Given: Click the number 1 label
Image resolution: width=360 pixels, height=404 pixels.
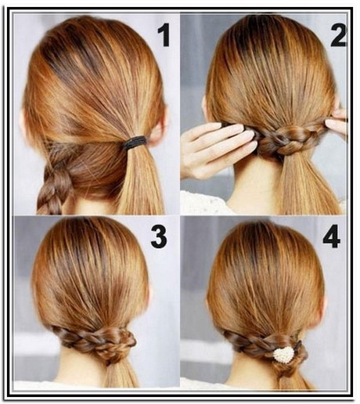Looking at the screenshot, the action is [x=164, y=36].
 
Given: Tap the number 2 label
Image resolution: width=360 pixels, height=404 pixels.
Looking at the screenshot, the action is [x=338, y=36].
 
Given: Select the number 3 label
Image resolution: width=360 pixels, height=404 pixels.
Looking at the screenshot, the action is [x=159, y=237].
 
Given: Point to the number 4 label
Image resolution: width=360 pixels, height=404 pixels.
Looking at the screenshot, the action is [x=332, y=237].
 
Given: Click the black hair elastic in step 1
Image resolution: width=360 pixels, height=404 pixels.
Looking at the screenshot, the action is [x=134, y=142].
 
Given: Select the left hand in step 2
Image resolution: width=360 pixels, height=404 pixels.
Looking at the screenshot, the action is [x=217, y=150].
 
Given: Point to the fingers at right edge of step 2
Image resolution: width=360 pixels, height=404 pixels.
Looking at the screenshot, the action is [x=336, y=122].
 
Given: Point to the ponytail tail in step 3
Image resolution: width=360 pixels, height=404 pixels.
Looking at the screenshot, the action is [x=123, y=373].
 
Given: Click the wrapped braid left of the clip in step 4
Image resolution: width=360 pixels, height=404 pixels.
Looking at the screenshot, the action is [x=249, y=343].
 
